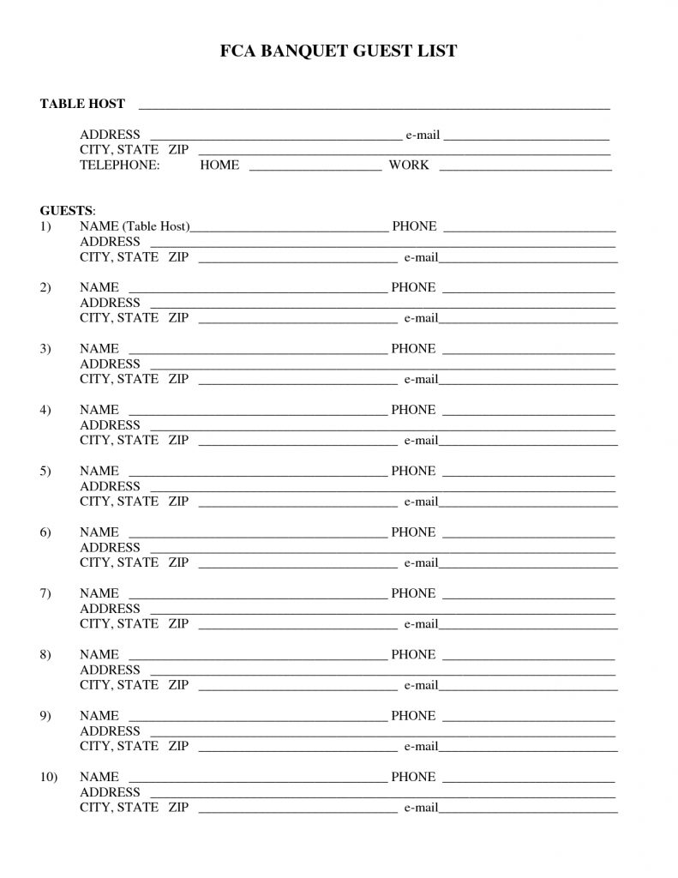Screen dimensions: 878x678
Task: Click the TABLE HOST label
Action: (82, 105)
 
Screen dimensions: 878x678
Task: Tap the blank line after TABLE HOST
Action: (374, 106)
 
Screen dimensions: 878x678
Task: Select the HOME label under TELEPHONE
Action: (219, 165)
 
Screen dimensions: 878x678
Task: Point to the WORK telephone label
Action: (409, 165)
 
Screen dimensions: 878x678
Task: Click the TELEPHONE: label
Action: (119, 165)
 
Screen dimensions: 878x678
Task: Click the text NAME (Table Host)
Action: (134, 226)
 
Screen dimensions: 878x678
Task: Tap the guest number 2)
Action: (45, 288)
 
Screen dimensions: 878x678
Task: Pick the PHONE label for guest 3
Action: (413, 349)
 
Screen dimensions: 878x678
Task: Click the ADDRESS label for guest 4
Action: (110, 425)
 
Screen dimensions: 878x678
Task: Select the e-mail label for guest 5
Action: (421, 502)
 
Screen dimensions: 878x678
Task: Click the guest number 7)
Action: (45, 593)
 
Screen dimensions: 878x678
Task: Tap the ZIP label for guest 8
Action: (178, 685)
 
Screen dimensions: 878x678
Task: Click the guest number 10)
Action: (48, 777)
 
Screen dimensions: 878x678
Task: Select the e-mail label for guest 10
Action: (421, 808)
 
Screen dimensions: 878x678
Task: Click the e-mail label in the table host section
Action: (423, 135)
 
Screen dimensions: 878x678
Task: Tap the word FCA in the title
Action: (238, 52)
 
